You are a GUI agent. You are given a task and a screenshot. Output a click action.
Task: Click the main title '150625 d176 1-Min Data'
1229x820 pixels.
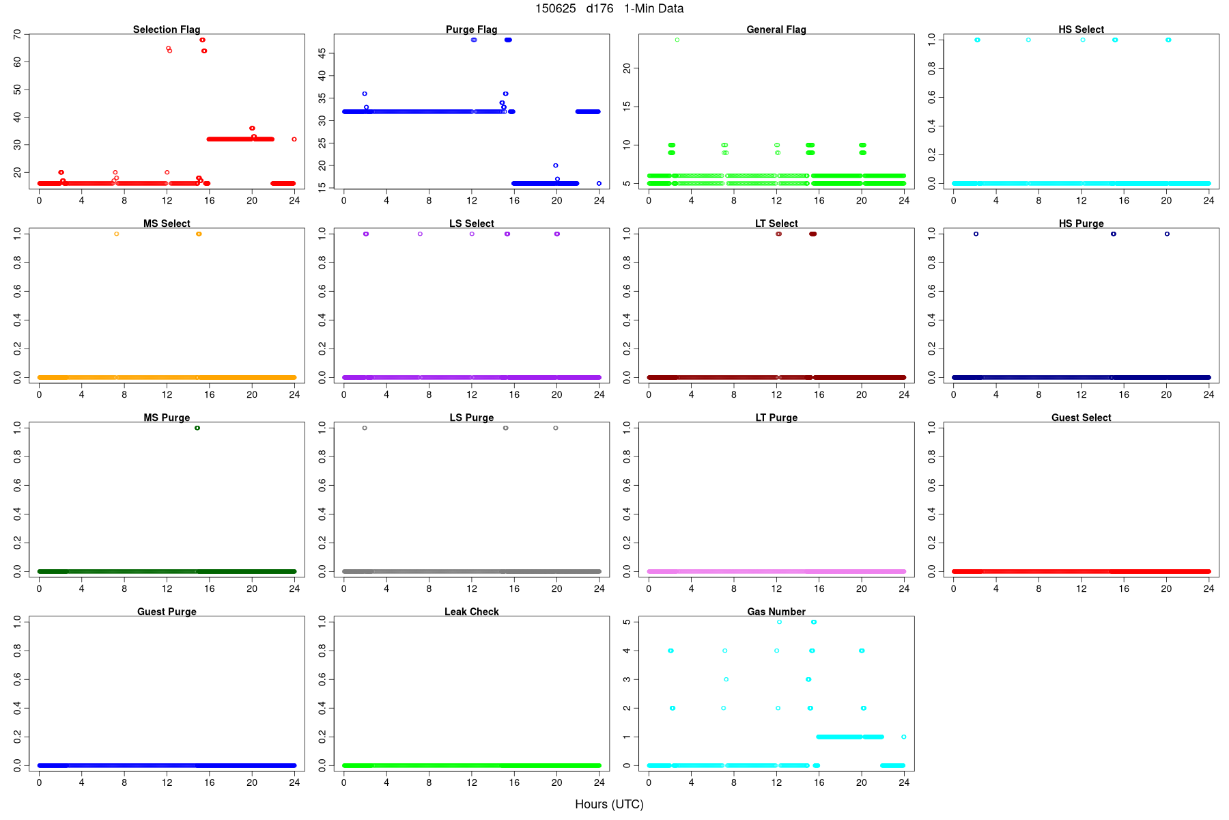(x=609, y=9)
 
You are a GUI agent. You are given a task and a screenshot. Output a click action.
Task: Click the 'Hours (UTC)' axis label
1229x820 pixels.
(x=609, y=804)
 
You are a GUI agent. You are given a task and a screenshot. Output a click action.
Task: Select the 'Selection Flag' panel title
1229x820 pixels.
(x=167, y=29)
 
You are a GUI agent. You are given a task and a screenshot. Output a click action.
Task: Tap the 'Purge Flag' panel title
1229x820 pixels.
(x=471, y=29)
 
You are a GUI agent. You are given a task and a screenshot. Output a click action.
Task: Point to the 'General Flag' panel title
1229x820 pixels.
(x=776, y=29)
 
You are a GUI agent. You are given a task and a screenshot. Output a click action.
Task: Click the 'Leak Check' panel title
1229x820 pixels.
(x=471, y=612)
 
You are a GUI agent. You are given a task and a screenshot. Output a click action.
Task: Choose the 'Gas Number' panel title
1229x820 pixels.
(x=776, y=612)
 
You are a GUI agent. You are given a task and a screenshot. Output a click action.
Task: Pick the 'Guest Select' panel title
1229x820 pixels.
(x=1081, y=418)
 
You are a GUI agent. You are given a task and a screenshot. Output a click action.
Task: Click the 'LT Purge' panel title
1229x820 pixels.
(x=776, y=418)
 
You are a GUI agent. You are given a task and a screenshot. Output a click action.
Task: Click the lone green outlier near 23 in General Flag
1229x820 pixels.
(x=677, y=40)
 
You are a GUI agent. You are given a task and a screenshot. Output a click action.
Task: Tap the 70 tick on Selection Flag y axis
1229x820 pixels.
(x=17, y=34)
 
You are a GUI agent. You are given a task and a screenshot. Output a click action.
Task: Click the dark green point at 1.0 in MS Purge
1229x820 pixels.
(x=197, y=428)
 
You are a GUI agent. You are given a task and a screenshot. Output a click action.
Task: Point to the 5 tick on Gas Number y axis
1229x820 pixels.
(x=627, y=622)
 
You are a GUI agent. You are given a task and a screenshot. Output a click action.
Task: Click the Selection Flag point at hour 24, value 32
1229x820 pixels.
(x=294, y=139)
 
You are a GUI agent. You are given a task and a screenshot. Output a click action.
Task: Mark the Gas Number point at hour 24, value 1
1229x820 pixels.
(x=904, y=737)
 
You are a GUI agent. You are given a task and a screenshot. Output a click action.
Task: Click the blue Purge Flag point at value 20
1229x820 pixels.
(x=556, y=165)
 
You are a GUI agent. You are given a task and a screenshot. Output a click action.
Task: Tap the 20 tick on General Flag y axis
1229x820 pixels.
(x=627, y=68)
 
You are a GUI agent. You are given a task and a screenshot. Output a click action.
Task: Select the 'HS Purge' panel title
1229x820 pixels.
(x=1081, y=223)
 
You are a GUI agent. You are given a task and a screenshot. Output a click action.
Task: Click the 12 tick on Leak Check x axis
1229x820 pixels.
(x=472, y=782)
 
